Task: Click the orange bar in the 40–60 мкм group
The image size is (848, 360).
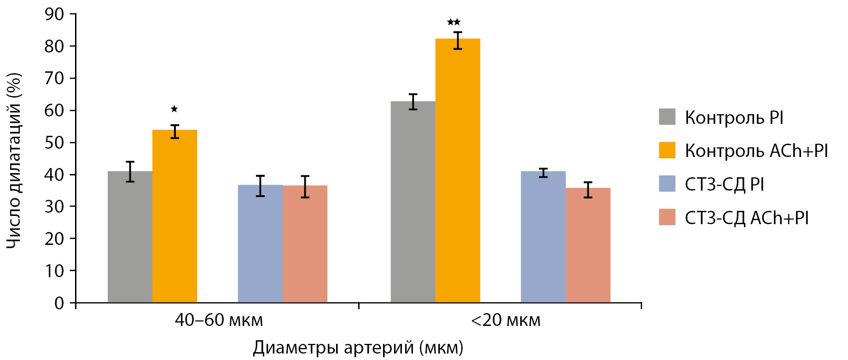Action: (x=174, y=216)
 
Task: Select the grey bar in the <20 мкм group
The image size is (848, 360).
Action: (x=413, y=203)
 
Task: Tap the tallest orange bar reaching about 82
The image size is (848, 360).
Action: (x=458, y=170)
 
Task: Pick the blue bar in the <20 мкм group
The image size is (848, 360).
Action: (x=543, y=237)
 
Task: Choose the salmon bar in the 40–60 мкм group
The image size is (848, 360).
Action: (x=305, y=244)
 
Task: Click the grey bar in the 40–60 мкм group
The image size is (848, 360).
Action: (x=130, y=237)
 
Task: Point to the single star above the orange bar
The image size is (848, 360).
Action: (x=174, y=109)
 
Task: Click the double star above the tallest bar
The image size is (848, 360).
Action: (x=453, y=22)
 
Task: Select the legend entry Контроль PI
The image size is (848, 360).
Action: (x=734, y=117)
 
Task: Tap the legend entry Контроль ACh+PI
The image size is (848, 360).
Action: (x=756, y=151)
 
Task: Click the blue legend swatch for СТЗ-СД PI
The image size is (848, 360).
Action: (x=667, y=184)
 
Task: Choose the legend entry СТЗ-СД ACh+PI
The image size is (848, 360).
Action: (x=746, y=218)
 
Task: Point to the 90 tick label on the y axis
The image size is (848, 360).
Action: (x=54, y=14)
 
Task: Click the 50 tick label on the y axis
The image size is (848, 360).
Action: (x=54, y=142)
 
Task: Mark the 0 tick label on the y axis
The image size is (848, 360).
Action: (x=59, y=303)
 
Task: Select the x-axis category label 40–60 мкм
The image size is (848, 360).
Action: (x=219, y=320)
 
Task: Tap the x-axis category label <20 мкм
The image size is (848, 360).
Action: (x=505, y=320)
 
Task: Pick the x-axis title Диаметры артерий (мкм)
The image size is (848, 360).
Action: (x=358, y=348)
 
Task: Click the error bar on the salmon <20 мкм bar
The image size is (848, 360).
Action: (x=588, y=190)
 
